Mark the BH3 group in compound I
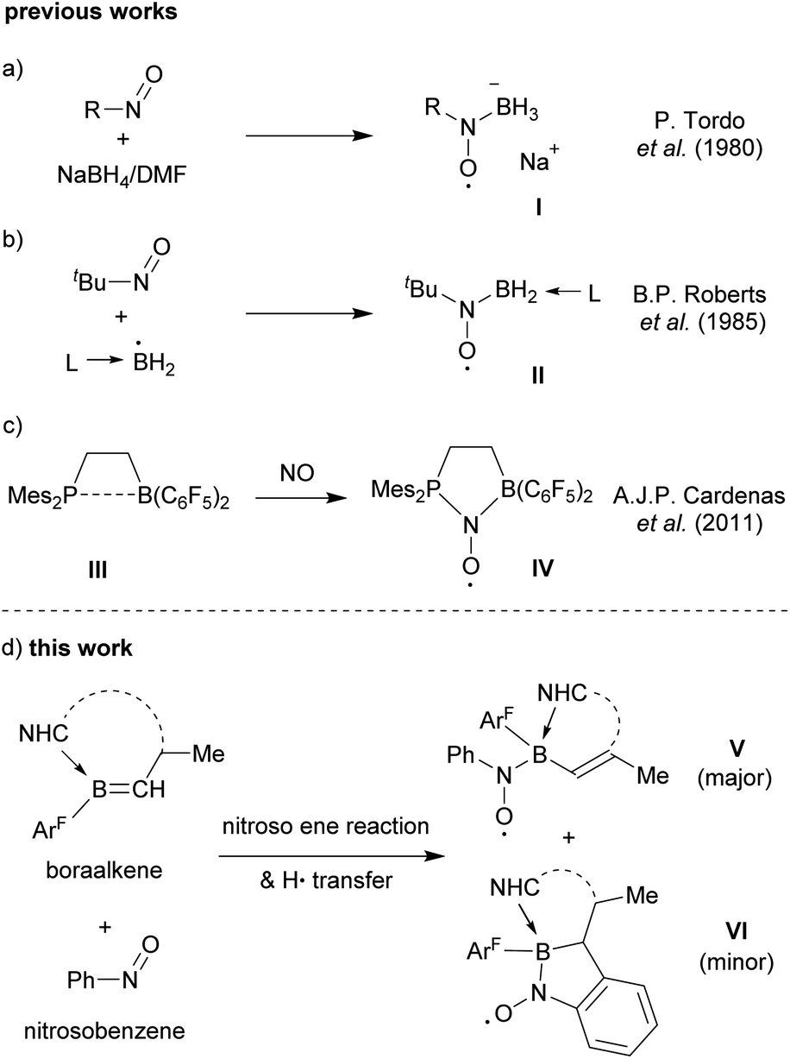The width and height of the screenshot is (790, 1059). click(x=513, y=110)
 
